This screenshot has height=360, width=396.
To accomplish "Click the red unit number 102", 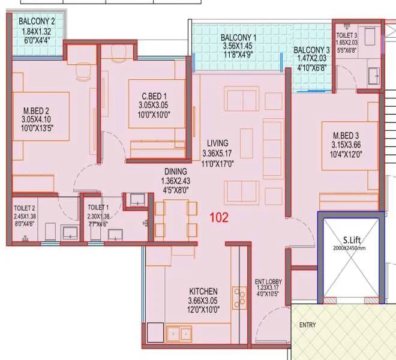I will [x=219, y=218].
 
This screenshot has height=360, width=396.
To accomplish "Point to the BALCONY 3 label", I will [x=311, y=50].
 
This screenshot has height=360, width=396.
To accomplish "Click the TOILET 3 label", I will [x=347, y=27].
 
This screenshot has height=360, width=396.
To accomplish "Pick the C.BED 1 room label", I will [x=154, y=95].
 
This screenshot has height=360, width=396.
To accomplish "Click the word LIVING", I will [x=217, y=143].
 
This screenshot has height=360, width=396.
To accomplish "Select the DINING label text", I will [x=175, y=171].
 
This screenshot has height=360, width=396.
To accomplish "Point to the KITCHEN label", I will [x=203, y=291].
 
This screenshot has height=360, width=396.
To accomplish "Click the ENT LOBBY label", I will [x=268, y=281].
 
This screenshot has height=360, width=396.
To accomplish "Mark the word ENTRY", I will [x=308, y=325].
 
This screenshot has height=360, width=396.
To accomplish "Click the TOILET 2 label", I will [x=25, y=208].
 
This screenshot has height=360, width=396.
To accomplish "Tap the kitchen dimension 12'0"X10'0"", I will [x=203, y=310].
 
